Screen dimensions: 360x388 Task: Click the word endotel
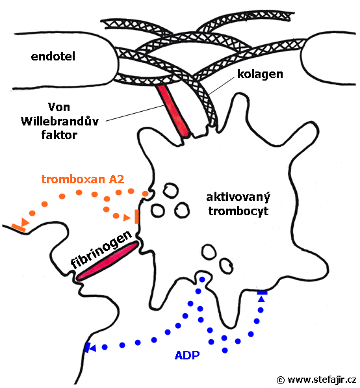[53, 57]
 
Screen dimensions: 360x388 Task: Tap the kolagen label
[260, 74]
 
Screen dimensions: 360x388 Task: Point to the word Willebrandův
[60, 122]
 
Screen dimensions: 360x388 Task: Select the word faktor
[59, 135]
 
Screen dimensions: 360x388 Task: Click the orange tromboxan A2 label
[83, 179]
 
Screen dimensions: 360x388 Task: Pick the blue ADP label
[187, 356]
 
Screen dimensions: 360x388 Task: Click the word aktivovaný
[238, 198]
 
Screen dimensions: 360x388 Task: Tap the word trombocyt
[238, 211]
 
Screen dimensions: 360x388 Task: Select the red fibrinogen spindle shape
[107, 261]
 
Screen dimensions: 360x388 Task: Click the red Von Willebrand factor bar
[174, 111]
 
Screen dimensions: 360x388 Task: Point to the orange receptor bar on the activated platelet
[136, 216]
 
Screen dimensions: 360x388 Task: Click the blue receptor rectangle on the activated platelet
[262, 292]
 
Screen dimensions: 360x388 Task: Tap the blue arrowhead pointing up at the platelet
[261, 300]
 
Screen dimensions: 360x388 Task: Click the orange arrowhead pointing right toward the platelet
[127, 218]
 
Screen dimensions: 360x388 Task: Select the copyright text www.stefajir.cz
[322, 380]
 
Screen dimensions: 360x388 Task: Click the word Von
[59, 107]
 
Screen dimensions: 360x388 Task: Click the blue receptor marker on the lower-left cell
[86, 348]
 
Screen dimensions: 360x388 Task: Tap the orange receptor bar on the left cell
[19, 227]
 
